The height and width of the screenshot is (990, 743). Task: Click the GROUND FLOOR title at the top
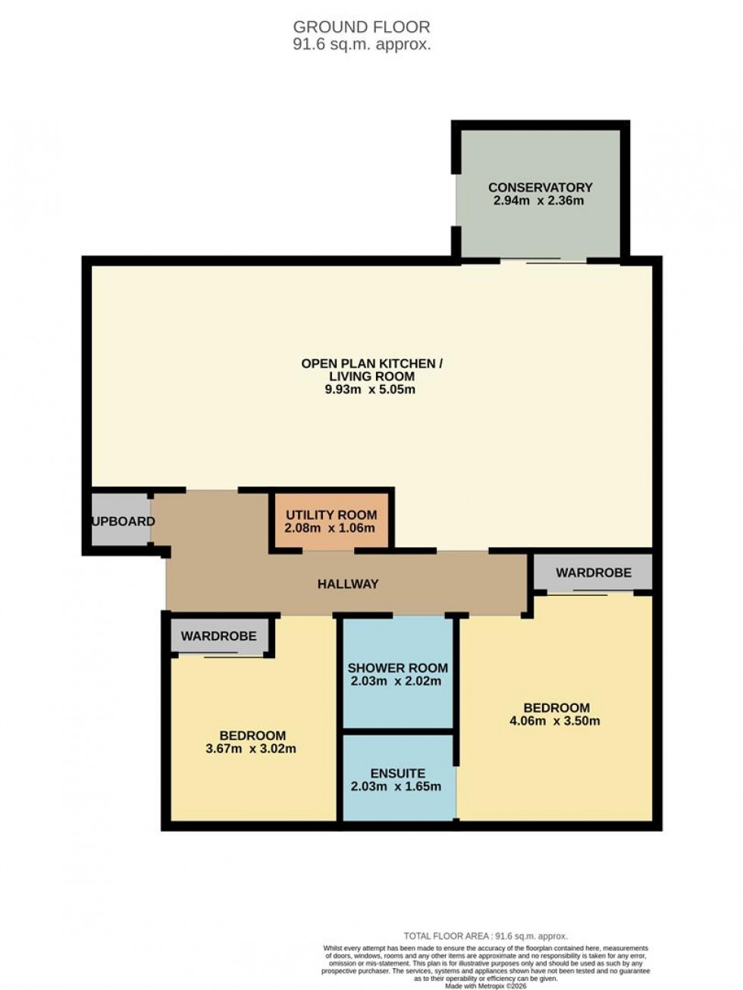pyautogui.click(x=362, y=28)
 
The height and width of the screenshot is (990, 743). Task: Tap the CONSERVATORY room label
pyautogui.click(x=540, y=187)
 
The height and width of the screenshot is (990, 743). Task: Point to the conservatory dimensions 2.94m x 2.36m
pyautogui.click(x=538, y=201)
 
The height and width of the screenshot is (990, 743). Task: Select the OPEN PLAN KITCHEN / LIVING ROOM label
pyautogui.click(x=371, y=370)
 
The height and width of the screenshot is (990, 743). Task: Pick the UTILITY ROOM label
pyautogui.click(x=331, y=515)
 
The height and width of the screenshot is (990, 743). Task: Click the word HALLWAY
pyautogui.click(x=347, y=584)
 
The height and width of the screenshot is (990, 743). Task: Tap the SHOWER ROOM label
pyautogui.click(x=397, y=668)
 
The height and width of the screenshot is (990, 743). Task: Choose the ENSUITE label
pyautogui.click(x=397, y=773)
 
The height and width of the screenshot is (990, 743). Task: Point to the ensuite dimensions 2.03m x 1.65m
pyautogui.click(x=396, y=786)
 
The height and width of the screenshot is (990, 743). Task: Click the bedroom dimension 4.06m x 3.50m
pyautogui.click(x=554, y=721)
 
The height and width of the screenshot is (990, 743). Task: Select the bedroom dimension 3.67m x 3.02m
pyautogui.click(x=250, y=749)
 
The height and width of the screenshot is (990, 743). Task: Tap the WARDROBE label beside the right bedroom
pyautogui.click(x=593, y=572)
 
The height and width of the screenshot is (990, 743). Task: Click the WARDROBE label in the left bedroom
pyautogui.click(x=218, y=636)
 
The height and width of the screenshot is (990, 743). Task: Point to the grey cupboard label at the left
pyautogui.click(x=123, y=522)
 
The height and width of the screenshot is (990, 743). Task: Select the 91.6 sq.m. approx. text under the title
pyautogui.click(x=362, y=45)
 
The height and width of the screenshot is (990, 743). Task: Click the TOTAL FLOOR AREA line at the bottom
pyautogui.click(x=485, y=936)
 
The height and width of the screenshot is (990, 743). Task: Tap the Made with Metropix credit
pyautogui.click(x=485, y=985)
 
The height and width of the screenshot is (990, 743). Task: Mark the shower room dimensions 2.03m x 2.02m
pyautogui.click(x=397, y=681)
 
